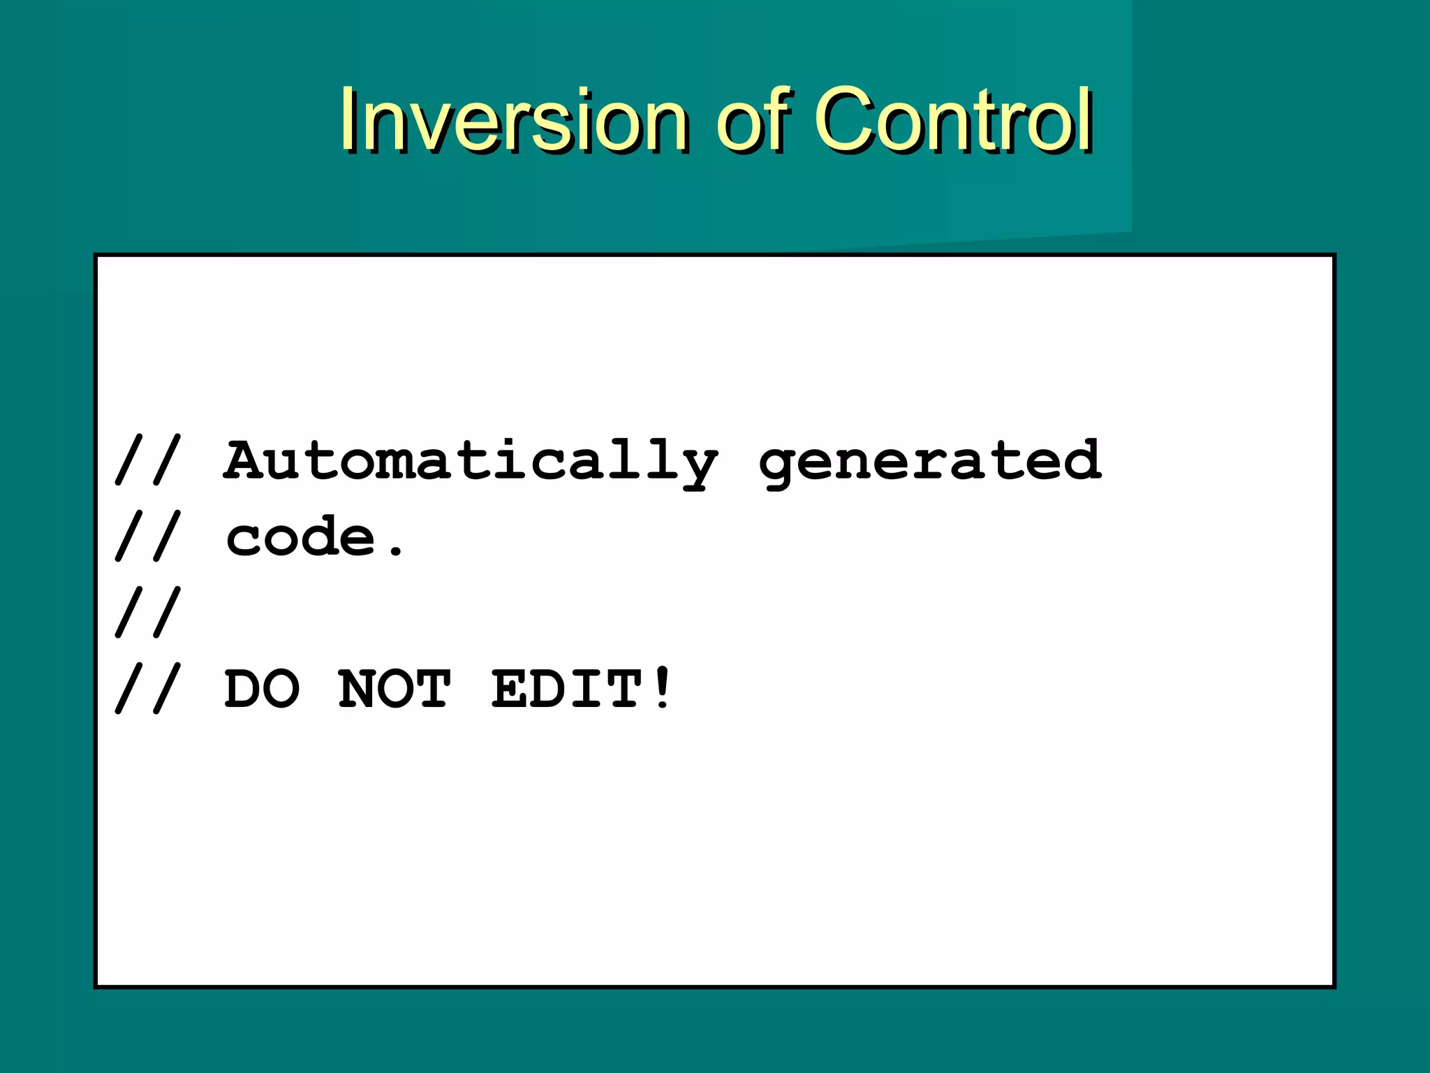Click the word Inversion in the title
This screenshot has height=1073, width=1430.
pos(513,120)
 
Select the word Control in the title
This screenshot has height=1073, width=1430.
pos(952,120)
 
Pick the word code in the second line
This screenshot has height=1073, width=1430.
pos(300,538)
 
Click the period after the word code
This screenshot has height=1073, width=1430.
pos(396,553)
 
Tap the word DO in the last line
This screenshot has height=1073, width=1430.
pos(262,690)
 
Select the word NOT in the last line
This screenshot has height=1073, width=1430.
pos(395,690)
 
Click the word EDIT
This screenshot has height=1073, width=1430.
pos(567,690)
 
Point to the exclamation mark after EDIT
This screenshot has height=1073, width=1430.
pos(662,689)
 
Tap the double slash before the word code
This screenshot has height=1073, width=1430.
pos(148,536)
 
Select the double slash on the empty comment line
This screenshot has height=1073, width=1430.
pos(148,612)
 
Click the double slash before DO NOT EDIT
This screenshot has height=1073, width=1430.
pos(148,689)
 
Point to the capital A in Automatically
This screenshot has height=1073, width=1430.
pos(244,460)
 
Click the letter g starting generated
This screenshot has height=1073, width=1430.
pos(779,467)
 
